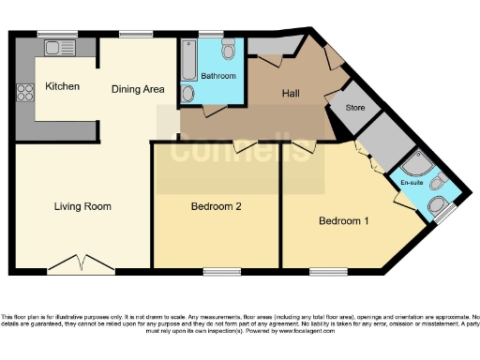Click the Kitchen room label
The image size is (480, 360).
(63, 87)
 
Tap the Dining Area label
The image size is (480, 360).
(138, 90)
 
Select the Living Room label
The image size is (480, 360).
(82, 206)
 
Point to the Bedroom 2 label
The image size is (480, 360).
(217, 206)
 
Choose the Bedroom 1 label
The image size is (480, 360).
(344, 221)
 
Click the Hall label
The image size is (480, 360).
(292, 94)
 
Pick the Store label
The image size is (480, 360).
(354, 108)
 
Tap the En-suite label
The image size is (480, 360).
(412, 181)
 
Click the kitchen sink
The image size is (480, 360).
(64, 46)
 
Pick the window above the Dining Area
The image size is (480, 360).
(137, 35)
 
